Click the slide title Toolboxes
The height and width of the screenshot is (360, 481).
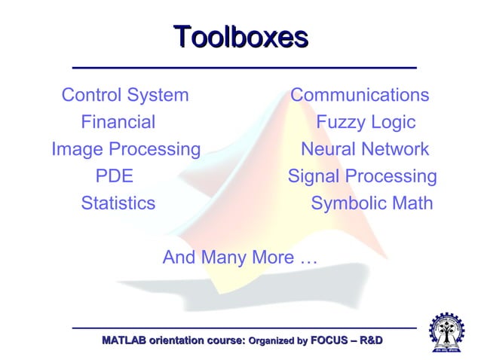[x=240, y=37]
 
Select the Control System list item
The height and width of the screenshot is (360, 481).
[x=125, y=95]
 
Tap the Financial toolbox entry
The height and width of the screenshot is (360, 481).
[x=118, y=122]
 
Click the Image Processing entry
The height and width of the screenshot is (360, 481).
[x=126, y=149]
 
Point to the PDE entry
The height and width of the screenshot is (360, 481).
[x=114, y=176]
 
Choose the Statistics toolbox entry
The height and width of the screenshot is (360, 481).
[x=118, y=203]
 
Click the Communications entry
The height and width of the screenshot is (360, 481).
[x=360, y=95]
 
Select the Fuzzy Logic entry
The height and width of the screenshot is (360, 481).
[x=366, y=122]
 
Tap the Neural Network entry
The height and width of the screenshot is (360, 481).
[x=365, y=149]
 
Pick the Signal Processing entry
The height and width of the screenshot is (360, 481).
[x=362, y=176]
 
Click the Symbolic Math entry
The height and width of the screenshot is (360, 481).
[x=372, y=203]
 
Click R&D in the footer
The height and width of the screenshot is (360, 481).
[x=372, y=341]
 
